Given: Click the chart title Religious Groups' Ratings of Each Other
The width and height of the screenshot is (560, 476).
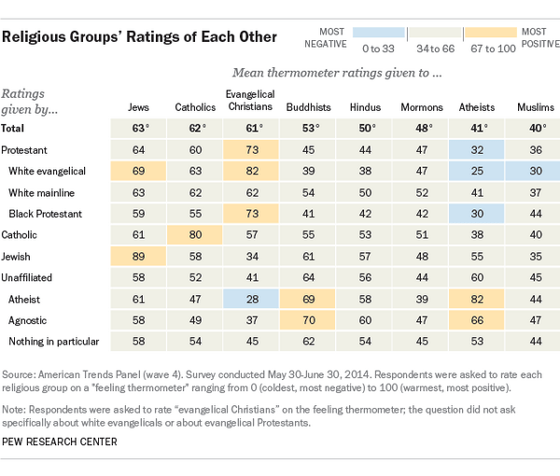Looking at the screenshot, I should coord(139,37).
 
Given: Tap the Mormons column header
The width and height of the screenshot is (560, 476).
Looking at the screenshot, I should coord(421,107).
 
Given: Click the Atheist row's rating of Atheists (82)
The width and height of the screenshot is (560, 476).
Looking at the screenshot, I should coord(477,299).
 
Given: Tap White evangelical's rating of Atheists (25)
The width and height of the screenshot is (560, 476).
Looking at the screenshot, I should coord(477,171).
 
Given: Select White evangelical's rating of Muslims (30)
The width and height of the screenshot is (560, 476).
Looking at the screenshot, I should coord(533,171).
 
